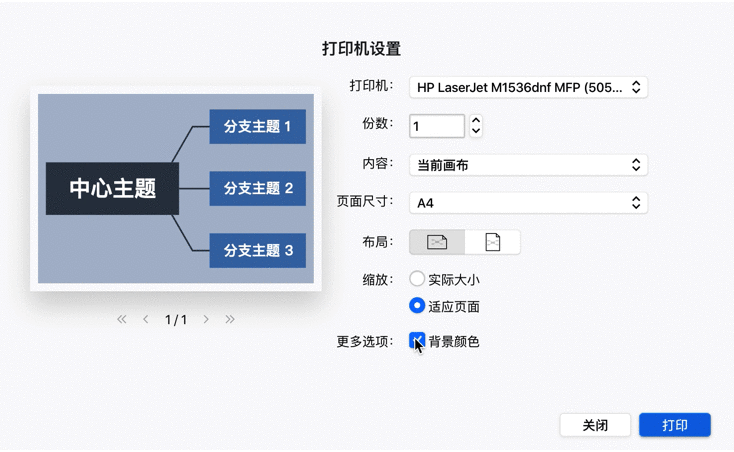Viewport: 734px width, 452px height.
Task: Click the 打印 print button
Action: [674, 425]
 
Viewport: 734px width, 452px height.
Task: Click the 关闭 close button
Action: [595, 425]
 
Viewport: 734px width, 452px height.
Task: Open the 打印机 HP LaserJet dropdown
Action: [529, 87]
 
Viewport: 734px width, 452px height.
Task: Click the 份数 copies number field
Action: [437, 126]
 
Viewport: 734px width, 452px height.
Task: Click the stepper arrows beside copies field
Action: [476, 126]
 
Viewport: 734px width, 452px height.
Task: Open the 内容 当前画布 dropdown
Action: [529, 165]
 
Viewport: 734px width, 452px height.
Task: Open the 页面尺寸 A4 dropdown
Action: [529, 203]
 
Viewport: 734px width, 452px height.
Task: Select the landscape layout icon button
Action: [437, 242]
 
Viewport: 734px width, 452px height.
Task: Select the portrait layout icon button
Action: [492, 242]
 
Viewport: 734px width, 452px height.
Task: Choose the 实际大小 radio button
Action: [417, 280]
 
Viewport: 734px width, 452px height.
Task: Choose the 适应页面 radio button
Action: [417, 306]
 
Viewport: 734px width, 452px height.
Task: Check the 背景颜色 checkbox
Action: [417, 342]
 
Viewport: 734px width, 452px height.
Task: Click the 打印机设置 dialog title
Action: [361, 48]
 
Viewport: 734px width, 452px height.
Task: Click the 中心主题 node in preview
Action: [112, 188]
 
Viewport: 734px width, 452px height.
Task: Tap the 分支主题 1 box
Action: [257, 127]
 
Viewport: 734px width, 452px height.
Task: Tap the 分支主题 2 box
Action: [257, 188]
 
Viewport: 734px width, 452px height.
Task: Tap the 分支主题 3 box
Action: [257, 250]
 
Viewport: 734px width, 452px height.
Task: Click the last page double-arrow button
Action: [230, 320]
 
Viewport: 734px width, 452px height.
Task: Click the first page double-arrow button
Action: [122, 320]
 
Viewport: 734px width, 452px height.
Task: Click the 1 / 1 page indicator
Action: [176, 320]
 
